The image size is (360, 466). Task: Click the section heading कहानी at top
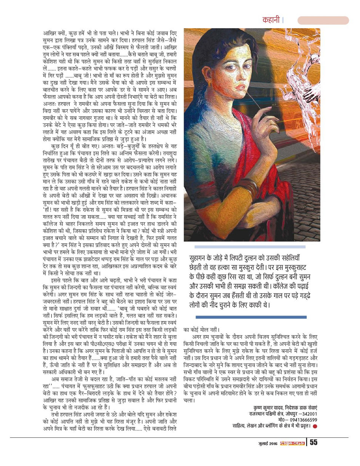pos(272,20)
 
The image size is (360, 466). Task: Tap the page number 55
pos(314,442)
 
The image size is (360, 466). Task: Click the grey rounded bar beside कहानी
pos(323,21)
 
